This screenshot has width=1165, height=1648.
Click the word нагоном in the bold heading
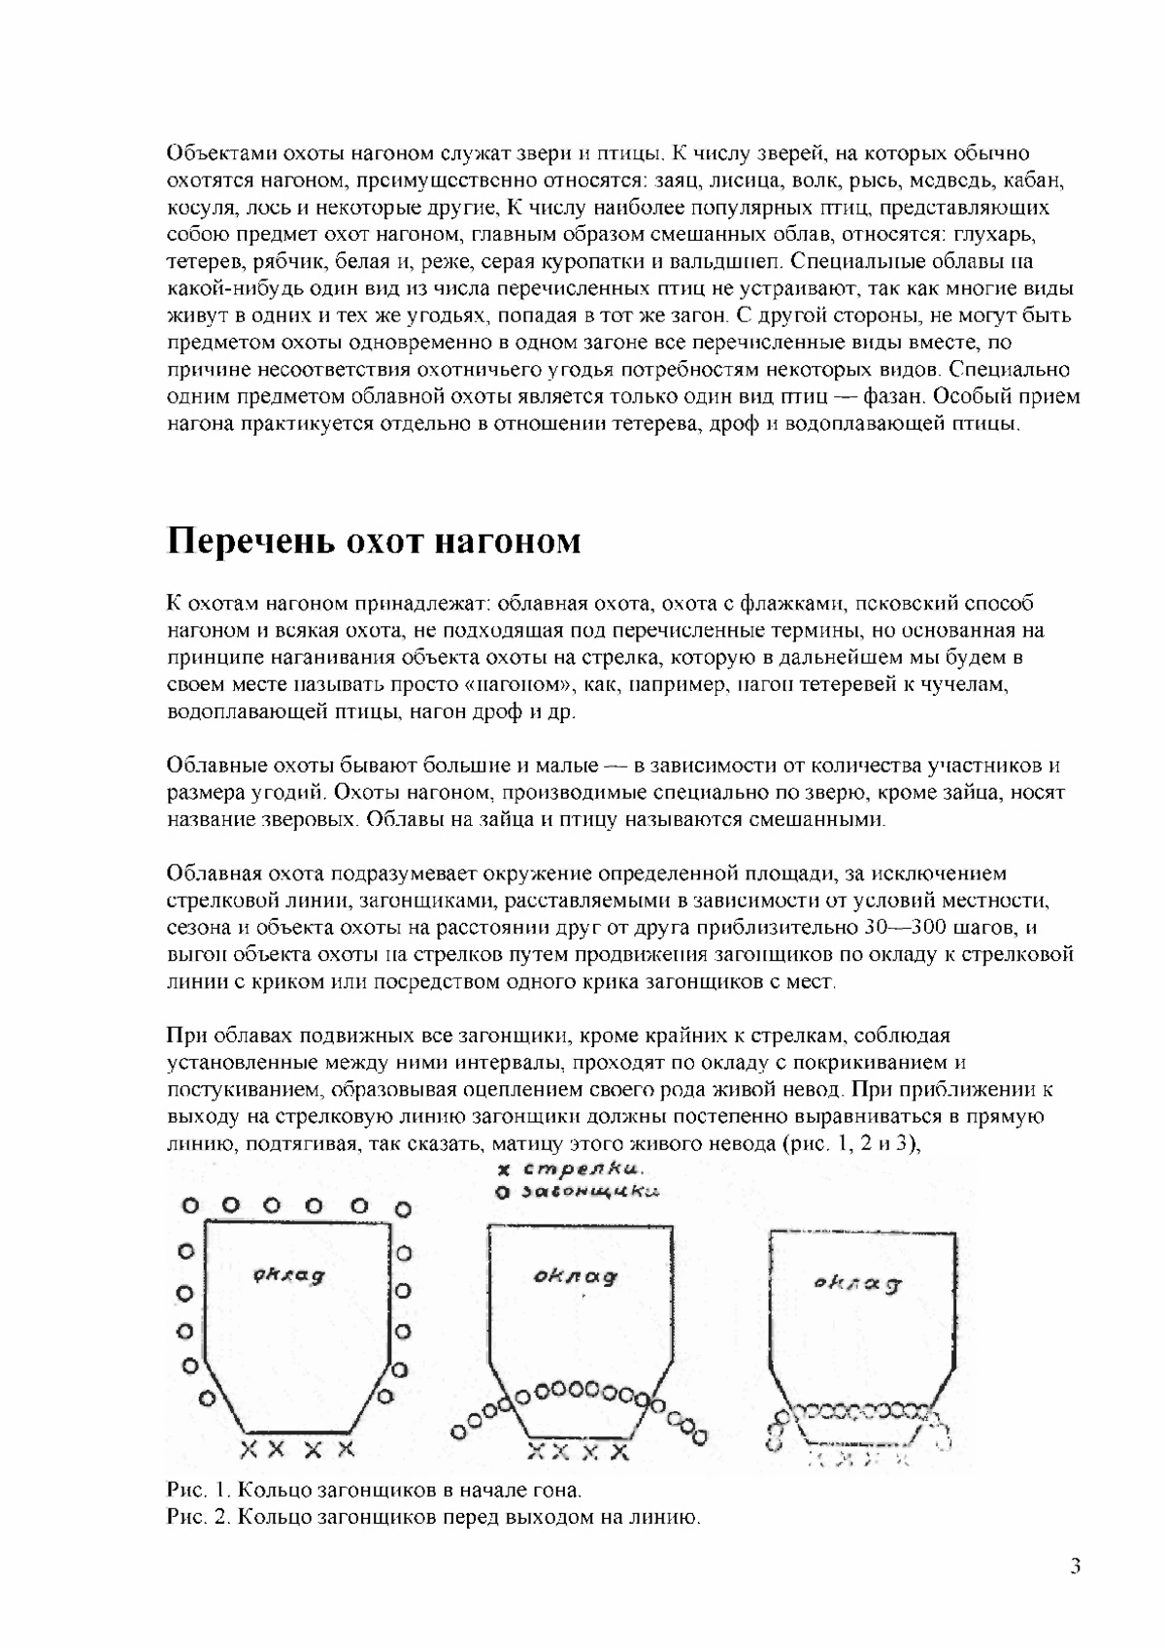click(507, 541)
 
